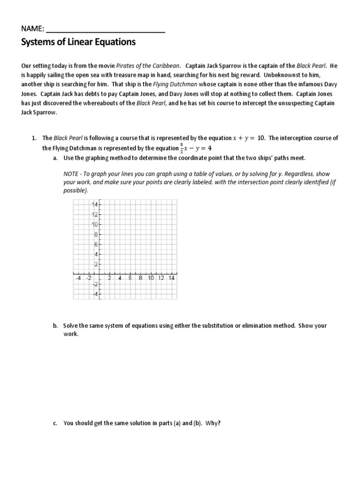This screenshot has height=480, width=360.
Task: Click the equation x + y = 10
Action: pos(249,138)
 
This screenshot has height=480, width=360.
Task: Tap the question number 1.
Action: pos(34,138)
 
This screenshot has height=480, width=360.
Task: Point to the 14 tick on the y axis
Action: pos(95,205)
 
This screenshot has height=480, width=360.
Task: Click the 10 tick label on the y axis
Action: pos(95,225)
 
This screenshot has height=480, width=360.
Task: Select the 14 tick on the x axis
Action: pos(171,277)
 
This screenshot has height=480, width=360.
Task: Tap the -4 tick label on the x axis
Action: pos(78,277)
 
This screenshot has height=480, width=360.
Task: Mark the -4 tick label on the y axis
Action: pos(95,294)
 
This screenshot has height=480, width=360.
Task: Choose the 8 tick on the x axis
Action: pos(140,277)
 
